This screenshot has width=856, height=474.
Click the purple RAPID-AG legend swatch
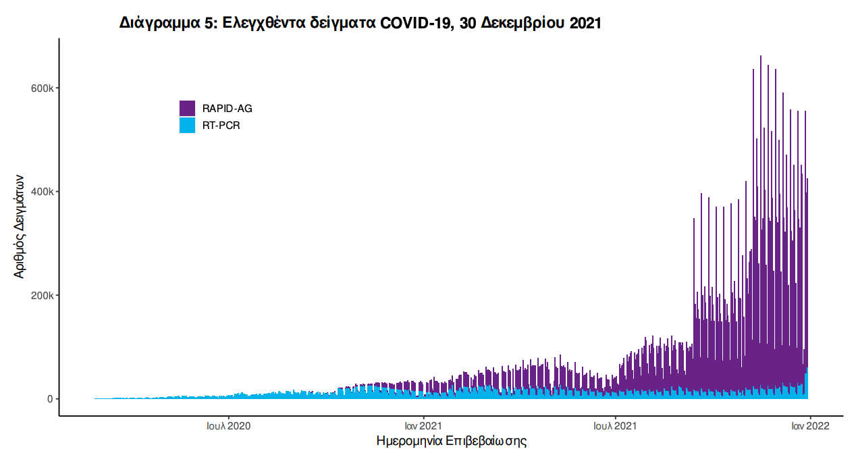click(187, 108)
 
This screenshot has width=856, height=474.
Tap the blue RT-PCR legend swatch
click(187, 125)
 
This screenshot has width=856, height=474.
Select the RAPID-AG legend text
click(227, 108)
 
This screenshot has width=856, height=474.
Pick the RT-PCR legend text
click(221, 126)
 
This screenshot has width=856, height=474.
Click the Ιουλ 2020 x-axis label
click(229, 426)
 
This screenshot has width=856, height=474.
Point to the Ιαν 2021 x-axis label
click(423, 426)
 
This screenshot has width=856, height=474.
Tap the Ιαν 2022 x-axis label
click(810, 426)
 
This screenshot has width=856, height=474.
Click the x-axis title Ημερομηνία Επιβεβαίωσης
click(451, 442)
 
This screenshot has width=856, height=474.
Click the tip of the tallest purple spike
click(761, 57)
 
